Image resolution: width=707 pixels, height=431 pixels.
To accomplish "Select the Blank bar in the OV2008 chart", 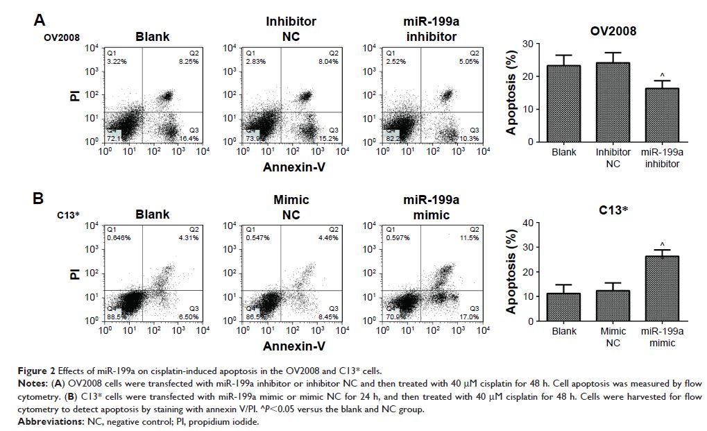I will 563,104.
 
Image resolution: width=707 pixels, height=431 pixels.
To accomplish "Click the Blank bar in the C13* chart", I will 563,307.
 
